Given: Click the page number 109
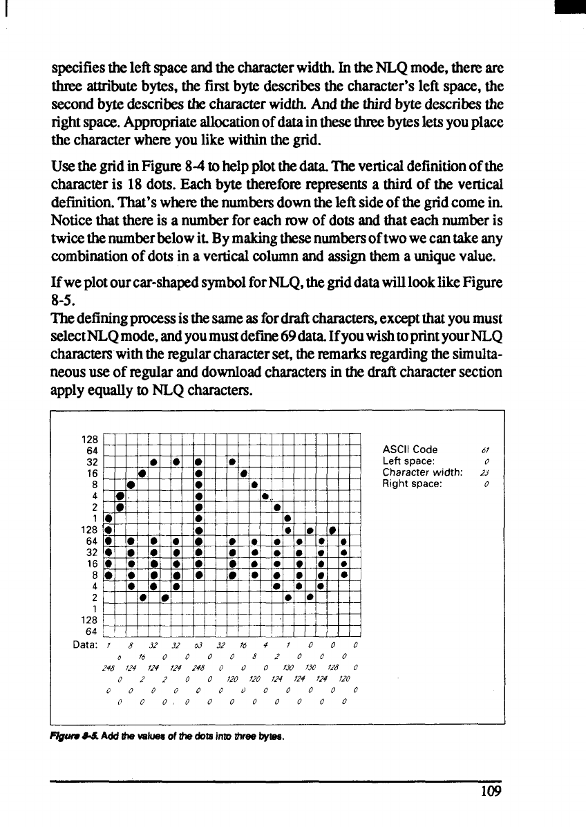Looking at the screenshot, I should pos(490,791).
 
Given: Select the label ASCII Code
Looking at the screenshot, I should pos(410,449).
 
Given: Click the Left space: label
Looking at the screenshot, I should pos(408,461).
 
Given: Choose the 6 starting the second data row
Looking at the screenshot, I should pos(121,656).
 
